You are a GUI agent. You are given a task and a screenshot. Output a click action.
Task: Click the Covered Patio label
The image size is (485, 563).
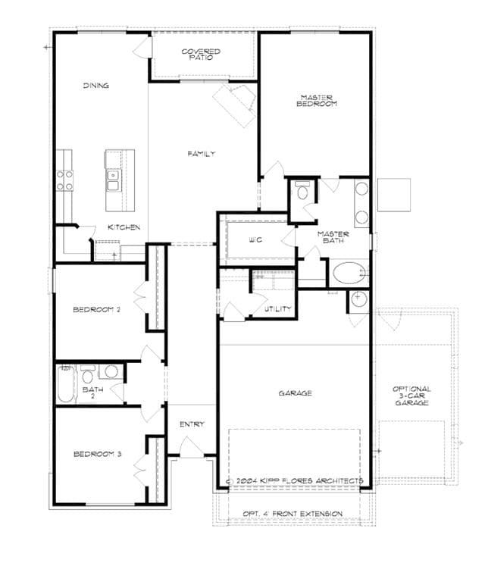pyautogui.click(x=201, y=55)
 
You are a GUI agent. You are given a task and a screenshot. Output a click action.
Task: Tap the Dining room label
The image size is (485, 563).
pyautogui.click(x=95, y=86)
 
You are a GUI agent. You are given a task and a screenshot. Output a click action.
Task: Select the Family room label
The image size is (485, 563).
pyautogui.click(x=202, y=154)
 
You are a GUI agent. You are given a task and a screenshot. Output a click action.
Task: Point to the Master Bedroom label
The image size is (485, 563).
pyautogui.click(x=317, y=101)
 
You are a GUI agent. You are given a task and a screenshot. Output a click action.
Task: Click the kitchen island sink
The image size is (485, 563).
pyautogui.click(x=114, y=180)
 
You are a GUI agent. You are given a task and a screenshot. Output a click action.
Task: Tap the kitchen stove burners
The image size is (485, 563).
pyautogui.click(x=65, y=180)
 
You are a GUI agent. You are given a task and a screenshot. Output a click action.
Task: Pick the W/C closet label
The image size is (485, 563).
pyautogui.click(x=255, y=239)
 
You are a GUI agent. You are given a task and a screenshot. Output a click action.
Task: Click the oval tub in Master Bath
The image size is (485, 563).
pyautogui.click(x=349, y=273)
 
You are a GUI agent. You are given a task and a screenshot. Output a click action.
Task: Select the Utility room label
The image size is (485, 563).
pyautogui.click(x=278, y=309)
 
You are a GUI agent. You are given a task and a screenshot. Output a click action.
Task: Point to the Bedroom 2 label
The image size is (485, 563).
pyautogui.click(x=96, y=309)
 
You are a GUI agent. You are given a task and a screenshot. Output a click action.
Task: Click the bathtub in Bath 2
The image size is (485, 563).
pyautogui.click(x=66, y=384)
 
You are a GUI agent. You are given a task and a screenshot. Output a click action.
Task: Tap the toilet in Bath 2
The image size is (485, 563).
pyautogui.click(x=87, y=374)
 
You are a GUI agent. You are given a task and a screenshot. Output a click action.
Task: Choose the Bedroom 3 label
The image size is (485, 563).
pyautogui.click(x=97, y=454)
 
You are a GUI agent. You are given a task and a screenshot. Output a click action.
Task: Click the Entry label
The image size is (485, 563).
pyautogui.click(x=192, y=424)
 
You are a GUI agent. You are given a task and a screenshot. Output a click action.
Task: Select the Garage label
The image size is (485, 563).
pyautogui.click(x=295, y=393)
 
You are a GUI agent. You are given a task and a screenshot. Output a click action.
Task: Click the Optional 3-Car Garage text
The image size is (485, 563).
pyautogui.click(x=411, y=396)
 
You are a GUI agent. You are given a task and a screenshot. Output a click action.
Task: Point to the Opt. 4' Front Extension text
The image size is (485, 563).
pyautogui.click(x=293, y=514)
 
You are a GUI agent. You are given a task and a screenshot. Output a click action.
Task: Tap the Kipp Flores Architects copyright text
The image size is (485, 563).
pyautogui.click(x=294, y=480)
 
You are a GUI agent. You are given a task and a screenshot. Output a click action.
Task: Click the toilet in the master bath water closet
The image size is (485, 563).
pyautogui.click(x=302, y=190)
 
